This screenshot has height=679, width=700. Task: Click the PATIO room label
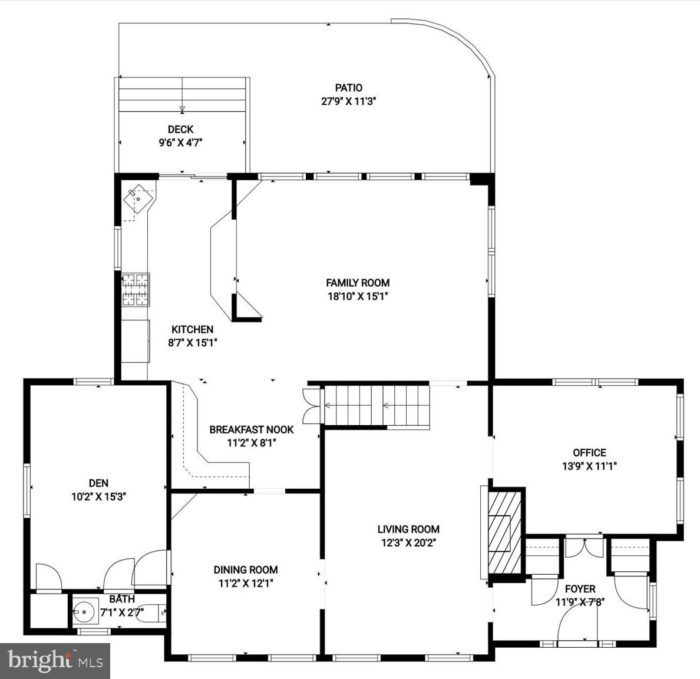pos(349,88)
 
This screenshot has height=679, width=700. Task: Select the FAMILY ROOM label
pos(358,283)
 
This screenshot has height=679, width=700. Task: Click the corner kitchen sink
pos(138,198)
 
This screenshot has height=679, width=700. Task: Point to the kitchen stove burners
pos(136,289)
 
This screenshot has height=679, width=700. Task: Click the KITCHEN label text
pos(192,329)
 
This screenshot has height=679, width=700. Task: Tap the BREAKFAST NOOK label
pos(251,430)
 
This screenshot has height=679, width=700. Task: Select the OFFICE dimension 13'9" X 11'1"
pos(589,465)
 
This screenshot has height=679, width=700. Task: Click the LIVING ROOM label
pos(408,529)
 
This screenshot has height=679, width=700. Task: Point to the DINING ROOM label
pos(246,569)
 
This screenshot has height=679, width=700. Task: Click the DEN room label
pos(98,483)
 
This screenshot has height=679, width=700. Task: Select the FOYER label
pos(580,589)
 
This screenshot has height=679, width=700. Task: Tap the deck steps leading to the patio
pos(182,94)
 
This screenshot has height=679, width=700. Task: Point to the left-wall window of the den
pos(27,490)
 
